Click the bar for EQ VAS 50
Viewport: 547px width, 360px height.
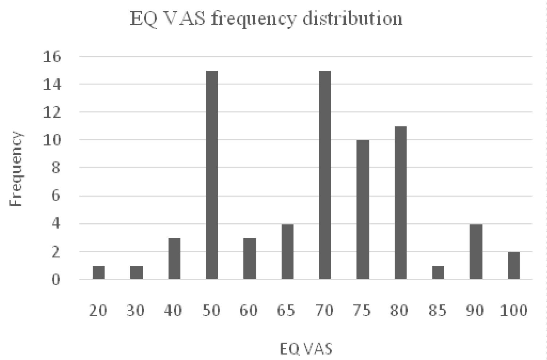pos(212,175)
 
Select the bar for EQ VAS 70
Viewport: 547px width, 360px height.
pos(325,175)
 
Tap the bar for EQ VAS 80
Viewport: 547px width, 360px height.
pos(400,203)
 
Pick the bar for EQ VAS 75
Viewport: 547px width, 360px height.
pos(362,210)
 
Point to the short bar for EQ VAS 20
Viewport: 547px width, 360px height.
pos(98,273)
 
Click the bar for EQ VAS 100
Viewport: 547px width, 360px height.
pos(513,266)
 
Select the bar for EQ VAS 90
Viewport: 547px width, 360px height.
pos(476,251)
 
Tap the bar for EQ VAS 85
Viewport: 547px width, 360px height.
pos(438,273)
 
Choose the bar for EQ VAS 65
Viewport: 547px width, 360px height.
pos(287,251)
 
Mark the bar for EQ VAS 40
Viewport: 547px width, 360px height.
pos(174,259)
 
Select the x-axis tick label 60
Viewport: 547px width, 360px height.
pos(249,311)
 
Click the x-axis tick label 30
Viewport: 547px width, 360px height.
pos(136,311)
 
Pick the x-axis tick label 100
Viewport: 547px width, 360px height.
pos(513,311)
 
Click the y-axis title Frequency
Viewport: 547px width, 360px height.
pos(16,169)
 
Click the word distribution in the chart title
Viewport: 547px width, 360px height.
pos(353,18)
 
